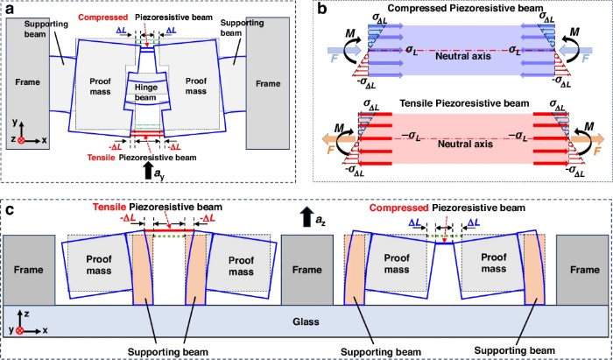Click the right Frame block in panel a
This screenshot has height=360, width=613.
point(274,88)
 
